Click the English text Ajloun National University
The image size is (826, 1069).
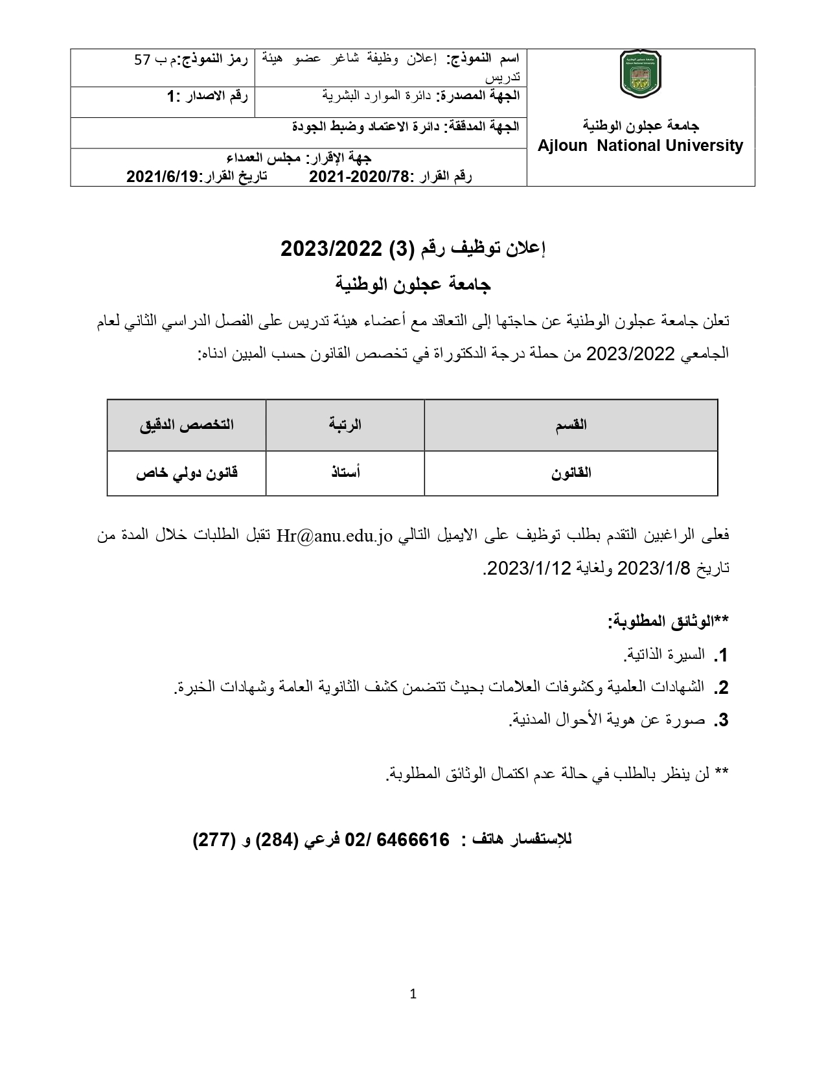[x=640, y=146]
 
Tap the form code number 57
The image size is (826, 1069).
[x=143, y=60]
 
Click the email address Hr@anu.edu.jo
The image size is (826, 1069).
[x=335, y=536]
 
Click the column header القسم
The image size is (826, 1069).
[x=571, y=425]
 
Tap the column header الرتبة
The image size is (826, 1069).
[x=345, y=425]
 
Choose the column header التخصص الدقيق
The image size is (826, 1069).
[x=187, y=425]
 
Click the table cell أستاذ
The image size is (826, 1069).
[x=345, y=473]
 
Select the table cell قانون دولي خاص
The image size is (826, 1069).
[x=187, y=473]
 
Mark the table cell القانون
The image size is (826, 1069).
[x=571, y=473]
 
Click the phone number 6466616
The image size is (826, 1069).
[x=417, y=840]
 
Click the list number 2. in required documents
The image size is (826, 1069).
[x=721, y=688]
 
